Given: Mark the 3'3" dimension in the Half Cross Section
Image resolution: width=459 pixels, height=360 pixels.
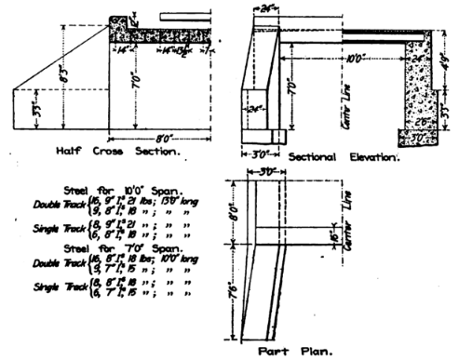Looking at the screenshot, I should (35, 104).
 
